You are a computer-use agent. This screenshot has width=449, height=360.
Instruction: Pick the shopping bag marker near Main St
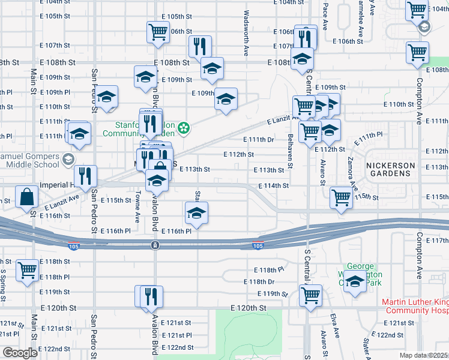(27, 196)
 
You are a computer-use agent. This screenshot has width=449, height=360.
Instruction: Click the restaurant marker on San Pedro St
(86, 175)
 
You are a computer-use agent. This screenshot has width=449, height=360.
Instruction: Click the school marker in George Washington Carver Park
(356, 281)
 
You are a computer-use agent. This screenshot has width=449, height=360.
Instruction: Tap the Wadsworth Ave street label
(246, 32)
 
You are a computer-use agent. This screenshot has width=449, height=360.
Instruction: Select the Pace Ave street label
(325, 16)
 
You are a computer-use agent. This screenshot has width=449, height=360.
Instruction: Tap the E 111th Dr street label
(259, 139)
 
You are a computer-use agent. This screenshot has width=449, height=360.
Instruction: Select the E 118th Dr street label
(259, 281)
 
